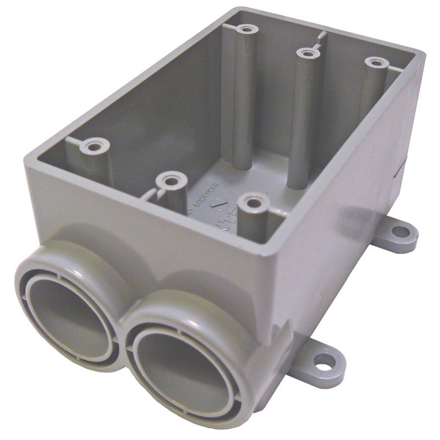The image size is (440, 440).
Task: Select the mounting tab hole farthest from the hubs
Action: tap(401, 232)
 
